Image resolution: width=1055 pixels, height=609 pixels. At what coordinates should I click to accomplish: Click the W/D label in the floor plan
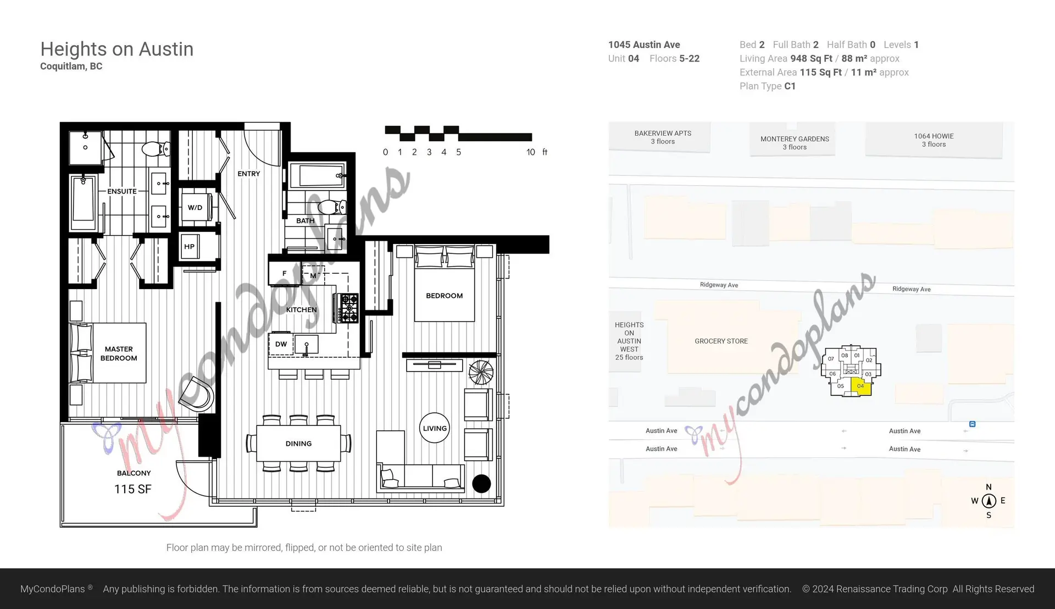[195, 208]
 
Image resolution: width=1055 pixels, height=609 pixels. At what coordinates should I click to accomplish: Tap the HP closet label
[189, 247]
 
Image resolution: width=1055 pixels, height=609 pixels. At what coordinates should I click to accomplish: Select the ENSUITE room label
[122, 191]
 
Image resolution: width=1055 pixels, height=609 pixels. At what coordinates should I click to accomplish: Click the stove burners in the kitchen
[348, 308]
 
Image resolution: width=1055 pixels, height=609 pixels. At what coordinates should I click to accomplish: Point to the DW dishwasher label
[281, 344]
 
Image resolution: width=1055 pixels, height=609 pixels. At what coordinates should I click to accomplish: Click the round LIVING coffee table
[435, 428]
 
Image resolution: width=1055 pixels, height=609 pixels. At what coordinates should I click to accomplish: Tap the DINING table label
[298, 444]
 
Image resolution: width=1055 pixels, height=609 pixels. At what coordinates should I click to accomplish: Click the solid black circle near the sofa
[481, 484]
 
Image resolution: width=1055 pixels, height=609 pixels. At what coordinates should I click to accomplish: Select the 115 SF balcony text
[132, 489]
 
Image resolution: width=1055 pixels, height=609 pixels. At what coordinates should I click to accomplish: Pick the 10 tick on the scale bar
[530, 152]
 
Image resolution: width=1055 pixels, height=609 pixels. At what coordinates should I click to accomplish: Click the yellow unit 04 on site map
[860, 386]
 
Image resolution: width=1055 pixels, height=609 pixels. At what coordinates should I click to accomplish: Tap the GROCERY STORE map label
[721, 341]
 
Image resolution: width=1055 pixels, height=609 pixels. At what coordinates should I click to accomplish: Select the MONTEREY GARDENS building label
[795, 143]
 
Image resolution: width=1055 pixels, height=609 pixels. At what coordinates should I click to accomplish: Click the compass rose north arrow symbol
[989, 501]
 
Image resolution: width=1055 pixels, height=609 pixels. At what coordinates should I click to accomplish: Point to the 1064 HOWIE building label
[934, 140]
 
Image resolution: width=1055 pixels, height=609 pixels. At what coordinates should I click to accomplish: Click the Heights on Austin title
[117, 49]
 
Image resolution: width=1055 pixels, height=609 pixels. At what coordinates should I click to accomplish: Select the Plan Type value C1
[790, 86]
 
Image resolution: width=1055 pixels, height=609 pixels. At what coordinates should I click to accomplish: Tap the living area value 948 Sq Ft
[811, 59]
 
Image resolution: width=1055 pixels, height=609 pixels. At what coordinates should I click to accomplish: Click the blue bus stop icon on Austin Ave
[972, 424]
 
